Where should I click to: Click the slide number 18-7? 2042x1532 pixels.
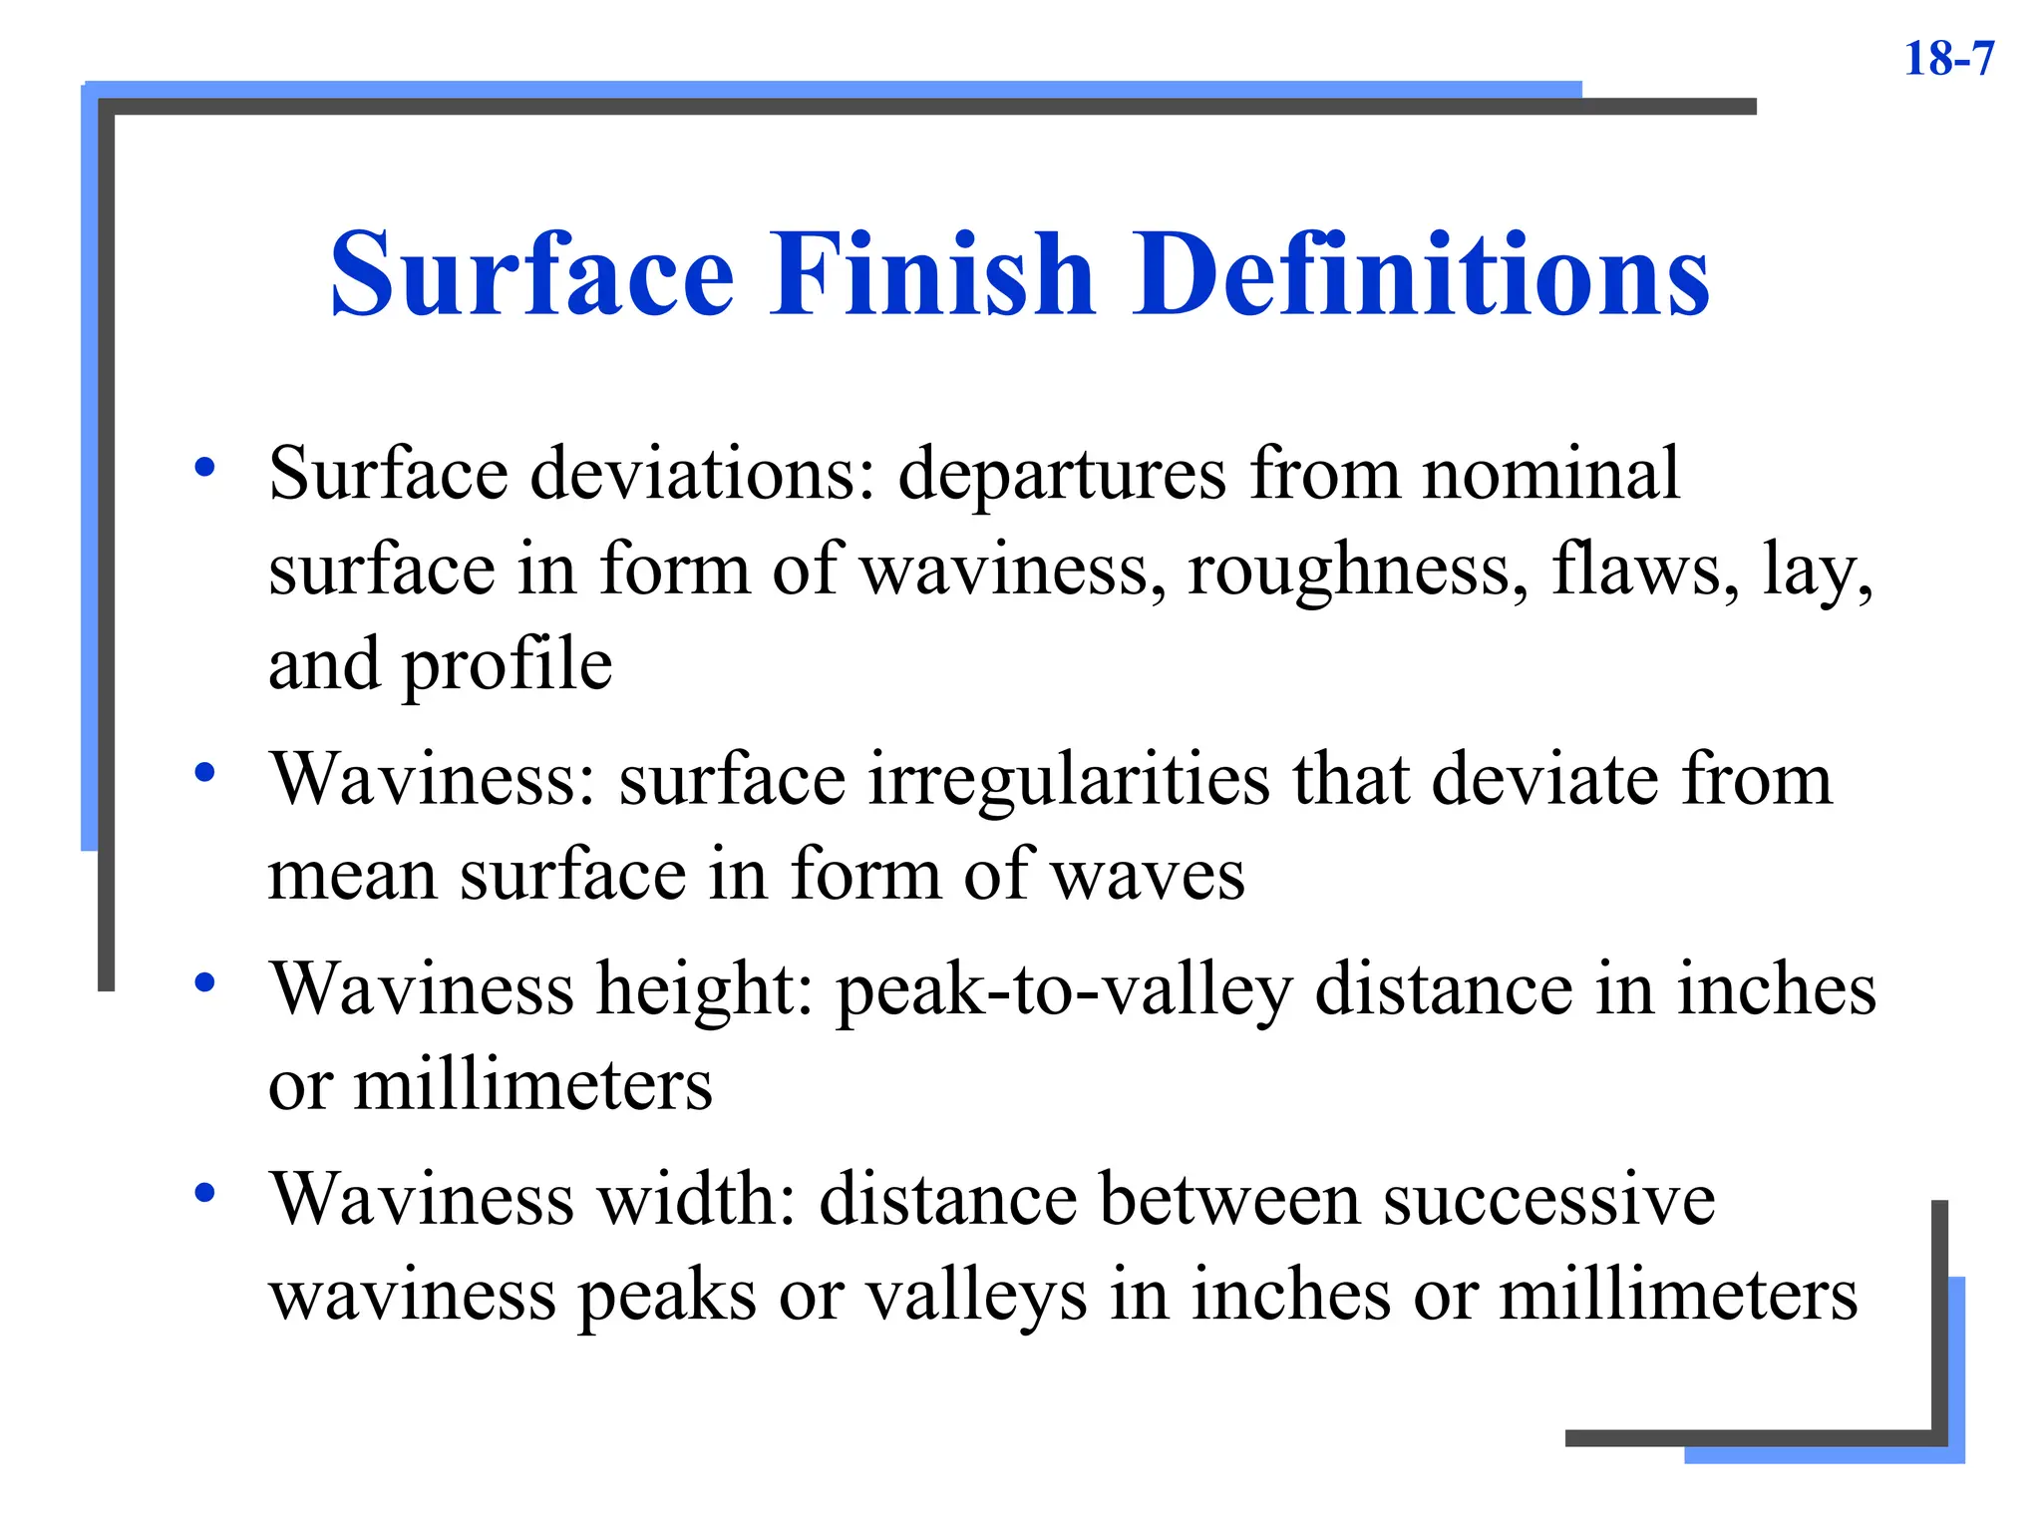click(1948, 59)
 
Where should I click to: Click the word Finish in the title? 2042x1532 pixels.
click(931, 273)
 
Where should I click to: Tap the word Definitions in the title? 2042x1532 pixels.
click(1420, 273)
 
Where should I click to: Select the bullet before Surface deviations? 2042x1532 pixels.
click(205, 467)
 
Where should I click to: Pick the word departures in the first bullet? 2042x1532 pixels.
click(1062, 476)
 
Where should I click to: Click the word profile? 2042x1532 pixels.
click(507, 666)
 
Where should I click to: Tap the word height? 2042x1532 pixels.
click(706, 990)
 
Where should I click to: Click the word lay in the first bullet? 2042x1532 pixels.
click(1817, 572)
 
